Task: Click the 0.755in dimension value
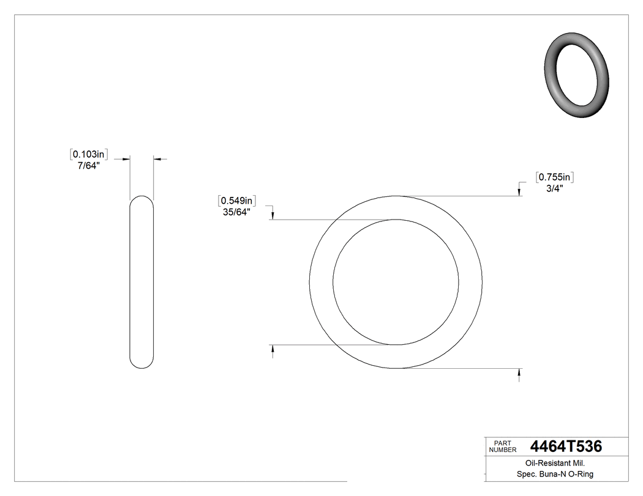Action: click(x=554, y=177)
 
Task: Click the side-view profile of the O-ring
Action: click(x=142, y=282)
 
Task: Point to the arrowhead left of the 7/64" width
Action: click(x=127, y=159)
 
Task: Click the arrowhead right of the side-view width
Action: click(x=156, y=159)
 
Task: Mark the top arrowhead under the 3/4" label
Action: click(x=520, y=192)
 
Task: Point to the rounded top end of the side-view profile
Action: click(x=142, y=199)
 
